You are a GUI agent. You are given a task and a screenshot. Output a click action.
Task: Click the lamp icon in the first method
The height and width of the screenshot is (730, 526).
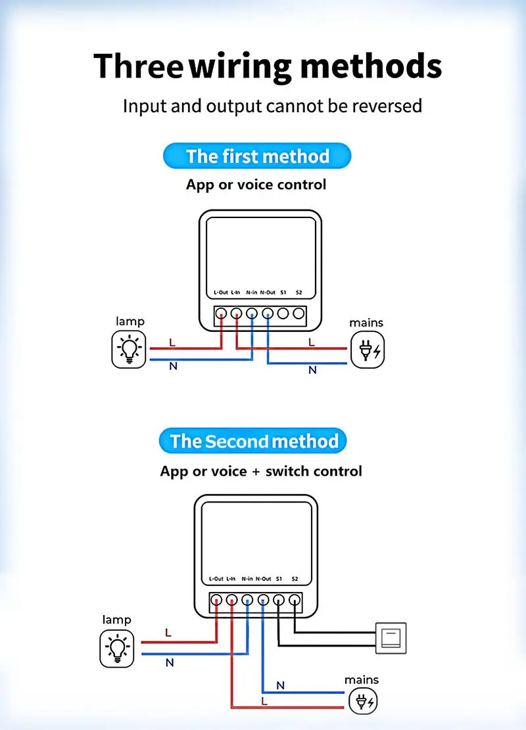128,350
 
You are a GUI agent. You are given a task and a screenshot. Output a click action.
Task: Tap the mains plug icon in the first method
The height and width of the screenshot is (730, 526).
367,350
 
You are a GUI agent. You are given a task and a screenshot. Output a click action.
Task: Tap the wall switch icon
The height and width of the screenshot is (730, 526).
391,637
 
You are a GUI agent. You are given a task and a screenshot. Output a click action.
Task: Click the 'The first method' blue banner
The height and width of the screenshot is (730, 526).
257,156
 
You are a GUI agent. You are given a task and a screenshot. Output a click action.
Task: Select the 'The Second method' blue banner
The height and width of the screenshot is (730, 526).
253,441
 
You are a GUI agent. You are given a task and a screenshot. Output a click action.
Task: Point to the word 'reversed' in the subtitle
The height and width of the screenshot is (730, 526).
383,105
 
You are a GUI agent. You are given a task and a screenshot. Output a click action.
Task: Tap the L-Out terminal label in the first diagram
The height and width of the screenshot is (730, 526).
221,292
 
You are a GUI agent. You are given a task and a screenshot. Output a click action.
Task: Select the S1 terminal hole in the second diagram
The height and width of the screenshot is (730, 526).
279,599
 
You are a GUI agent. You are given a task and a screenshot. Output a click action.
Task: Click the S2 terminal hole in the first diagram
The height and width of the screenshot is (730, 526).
299,313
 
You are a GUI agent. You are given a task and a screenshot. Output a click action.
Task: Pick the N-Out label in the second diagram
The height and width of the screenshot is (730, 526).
263,579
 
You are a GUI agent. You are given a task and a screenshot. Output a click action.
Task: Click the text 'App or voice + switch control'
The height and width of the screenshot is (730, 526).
261,471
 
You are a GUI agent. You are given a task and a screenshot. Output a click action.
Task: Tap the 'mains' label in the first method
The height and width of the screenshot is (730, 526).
366,323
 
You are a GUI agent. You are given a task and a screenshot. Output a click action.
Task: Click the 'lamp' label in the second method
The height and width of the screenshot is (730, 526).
116,620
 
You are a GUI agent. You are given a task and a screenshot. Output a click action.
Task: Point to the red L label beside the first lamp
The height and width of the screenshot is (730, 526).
172,342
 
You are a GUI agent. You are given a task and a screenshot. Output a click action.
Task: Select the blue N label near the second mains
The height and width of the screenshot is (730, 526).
280,685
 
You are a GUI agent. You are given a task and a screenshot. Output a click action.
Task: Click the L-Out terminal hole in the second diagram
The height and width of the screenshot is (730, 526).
216,599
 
